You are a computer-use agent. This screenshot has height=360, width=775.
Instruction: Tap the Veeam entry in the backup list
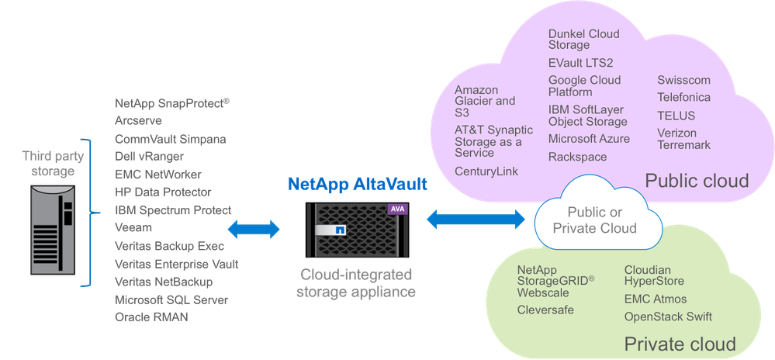click(x=133, y=228)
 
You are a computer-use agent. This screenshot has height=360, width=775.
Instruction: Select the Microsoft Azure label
click(x=589, y=139)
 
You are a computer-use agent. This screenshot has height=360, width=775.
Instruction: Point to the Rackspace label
click(x=577, y=157)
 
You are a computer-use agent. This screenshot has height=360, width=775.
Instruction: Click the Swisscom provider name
click(x=683, y=81)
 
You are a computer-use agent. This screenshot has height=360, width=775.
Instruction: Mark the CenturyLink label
click(x=486, y=171)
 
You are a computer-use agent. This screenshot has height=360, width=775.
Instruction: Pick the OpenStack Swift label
click(x=668, y=317)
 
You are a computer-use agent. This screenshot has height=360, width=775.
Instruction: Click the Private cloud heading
click(x=680, y=344)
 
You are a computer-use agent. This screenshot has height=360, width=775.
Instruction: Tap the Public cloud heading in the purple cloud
click(x=697, y=182)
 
